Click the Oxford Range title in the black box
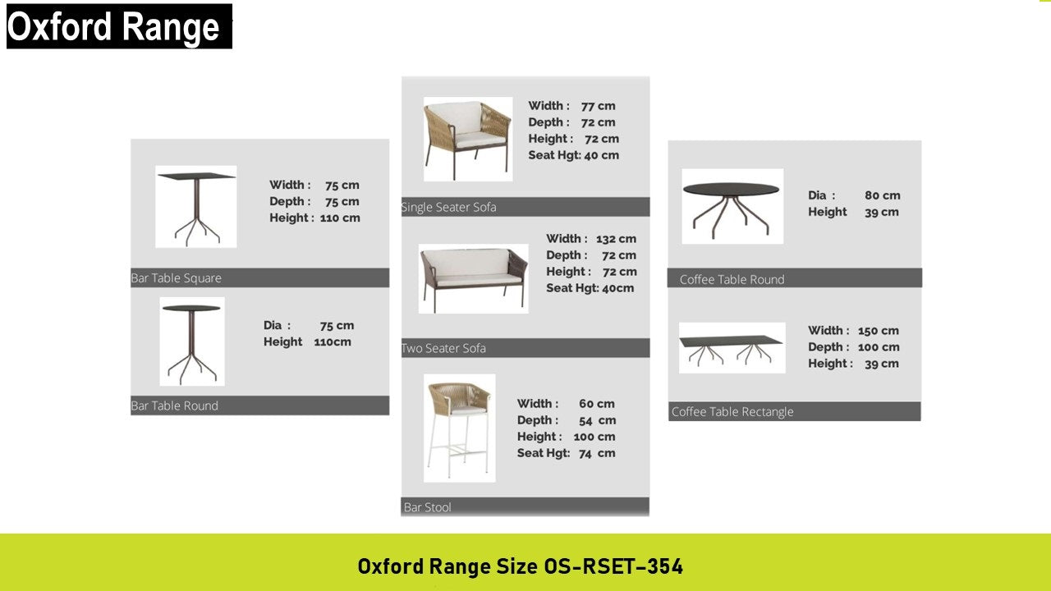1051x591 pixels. pos(113,27)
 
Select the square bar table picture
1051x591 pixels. pos(196,207)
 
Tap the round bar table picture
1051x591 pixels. pos(192,341)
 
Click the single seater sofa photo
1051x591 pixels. pos(468,139)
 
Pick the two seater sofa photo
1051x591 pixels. pos(474,278)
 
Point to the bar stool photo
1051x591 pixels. pos(459,428)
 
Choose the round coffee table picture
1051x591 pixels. pos(732,206)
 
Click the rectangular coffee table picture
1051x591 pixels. pos(732,347)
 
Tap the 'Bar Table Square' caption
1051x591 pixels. pos(176,278)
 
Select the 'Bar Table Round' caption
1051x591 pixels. pos(175,405)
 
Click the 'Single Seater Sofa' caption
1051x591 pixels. pos(448,208)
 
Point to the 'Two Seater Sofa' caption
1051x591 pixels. pos(444,348)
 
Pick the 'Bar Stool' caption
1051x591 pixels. pos(428,507)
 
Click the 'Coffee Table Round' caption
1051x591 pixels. pos(732,280)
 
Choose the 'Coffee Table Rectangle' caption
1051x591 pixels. pos(732,412)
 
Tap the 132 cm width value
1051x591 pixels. pos(616,239)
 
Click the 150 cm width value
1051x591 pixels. pos(879,331)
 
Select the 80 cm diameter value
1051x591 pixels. pos(883,195)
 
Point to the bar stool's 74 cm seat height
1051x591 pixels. pos(597,453)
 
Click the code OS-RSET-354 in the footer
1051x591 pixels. pos(613,566)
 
